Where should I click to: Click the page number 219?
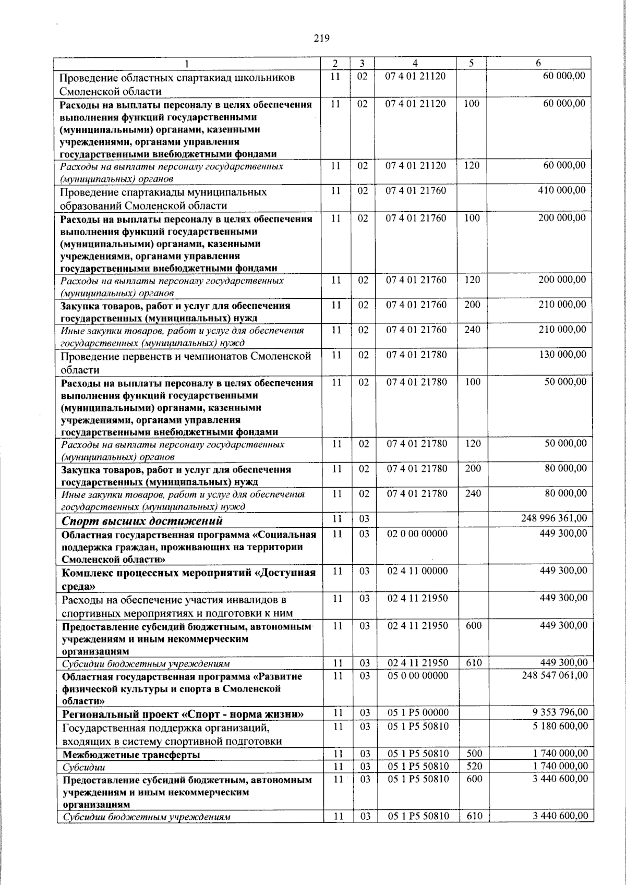322,38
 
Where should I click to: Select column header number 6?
538,63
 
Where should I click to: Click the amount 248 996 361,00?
554,518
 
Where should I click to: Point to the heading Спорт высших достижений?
142,520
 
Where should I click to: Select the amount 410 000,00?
561,190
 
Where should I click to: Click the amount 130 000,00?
562,354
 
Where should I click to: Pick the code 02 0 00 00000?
417,534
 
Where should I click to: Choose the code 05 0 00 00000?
417,675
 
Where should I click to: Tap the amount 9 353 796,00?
560,713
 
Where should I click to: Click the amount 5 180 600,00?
560,726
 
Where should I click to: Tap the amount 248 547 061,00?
555,675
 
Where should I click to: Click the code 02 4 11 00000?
417,571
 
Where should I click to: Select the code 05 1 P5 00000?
417,713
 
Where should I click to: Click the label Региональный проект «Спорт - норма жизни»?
183,714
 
